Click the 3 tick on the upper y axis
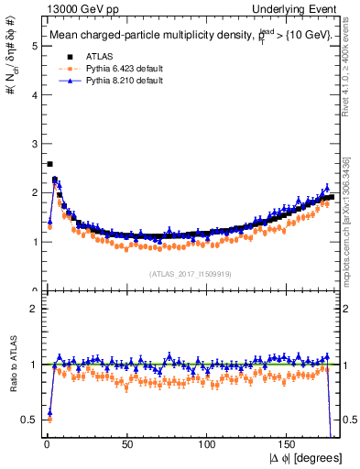[34, 144]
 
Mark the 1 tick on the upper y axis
[34, 242]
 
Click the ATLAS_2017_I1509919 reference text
[190, 273]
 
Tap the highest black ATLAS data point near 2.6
[49, 164]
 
